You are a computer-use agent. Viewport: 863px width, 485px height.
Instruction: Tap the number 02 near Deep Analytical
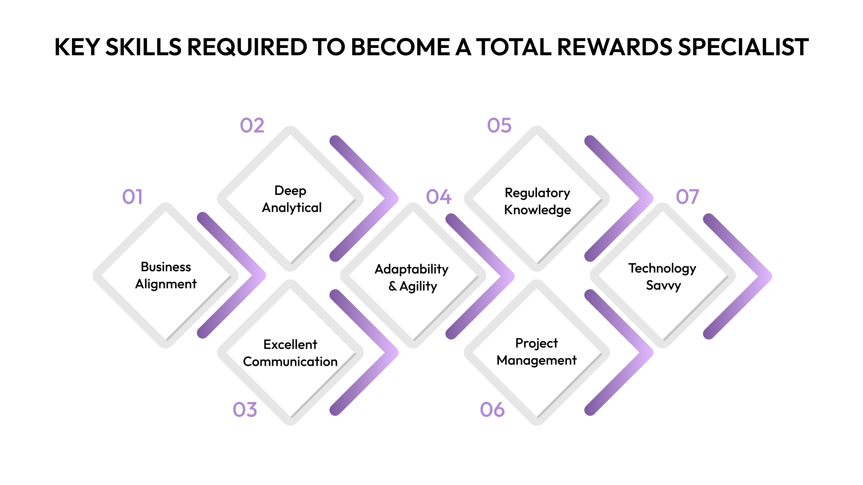[252, 126]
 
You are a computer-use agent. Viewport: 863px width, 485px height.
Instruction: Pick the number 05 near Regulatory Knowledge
[499, 126]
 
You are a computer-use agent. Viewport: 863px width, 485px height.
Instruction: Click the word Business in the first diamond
[166, 267]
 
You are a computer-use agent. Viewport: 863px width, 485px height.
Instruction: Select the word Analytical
[292, 208]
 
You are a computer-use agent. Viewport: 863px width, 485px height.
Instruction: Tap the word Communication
[290, 362]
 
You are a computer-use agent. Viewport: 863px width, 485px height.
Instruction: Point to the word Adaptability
[411, 269]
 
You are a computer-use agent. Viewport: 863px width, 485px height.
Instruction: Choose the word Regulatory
[537, 193]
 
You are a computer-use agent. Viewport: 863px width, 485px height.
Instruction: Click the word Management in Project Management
[537, 360]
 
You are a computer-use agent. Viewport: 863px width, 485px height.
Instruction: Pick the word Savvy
[663, 286]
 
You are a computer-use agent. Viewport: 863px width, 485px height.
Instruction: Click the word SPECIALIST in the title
[743, 47]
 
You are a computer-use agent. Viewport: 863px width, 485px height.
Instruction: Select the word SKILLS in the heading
[144, 47]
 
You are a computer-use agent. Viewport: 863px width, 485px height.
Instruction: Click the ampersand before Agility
[393, 286]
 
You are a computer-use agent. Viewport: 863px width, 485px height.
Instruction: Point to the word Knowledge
[537, 210]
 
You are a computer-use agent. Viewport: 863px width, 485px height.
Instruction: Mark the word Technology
[662, 269]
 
